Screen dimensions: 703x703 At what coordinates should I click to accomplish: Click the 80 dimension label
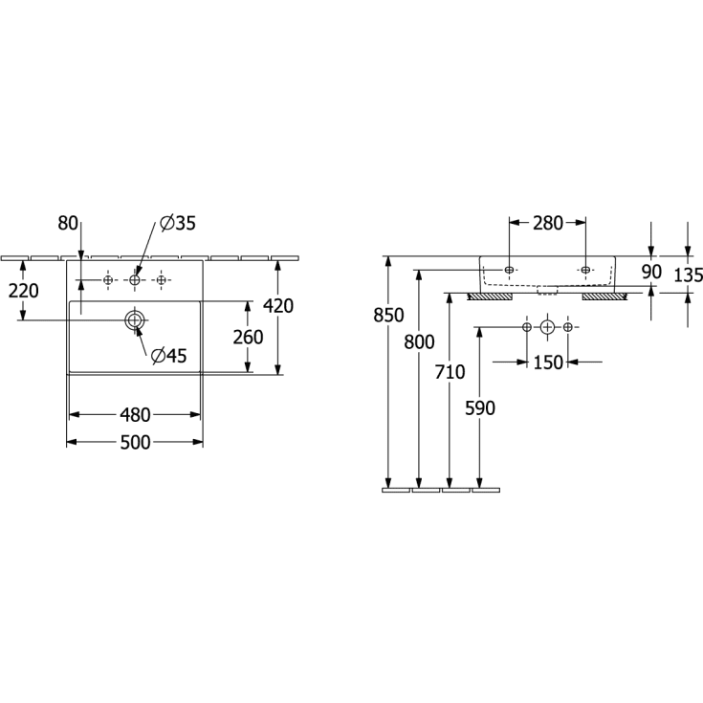click(x=67, y=223)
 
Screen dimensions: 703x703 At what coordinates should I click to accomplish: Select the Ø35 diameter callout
click(x=178, y=223)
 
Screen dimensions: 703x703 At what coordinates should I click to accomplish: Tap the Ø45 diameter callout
click(x=168, y=356)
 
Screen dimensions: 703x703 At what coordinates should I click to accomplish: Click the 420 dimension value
click(x=278, y=306)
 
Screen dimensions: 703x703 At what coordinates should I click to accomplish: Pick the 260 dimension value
click(x=248, y=337)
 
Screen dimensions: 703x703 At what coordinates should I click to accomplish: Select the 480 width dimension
click(x=135, y=414)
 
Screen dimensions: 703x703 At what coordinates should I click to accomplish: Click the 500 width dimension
click(x=135, y=442)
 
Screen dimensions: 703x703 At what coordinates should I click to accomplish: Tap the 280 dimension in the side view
click(x=547, y=223)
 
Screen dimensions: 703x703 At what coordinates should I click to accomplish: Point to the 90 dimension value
click(x=651, y=272)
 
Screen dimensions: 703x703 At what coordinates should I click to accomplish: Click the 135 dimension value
click(x=687, y=275)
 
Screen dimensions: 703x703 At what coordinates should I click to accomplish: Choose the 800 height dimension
click(x=419, y=341)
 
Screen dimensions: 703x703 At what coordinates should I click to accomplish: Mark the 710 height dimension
click(x=450, y=372)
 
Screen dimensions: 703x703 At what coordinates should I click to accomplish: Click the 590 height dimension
click(x=479, y=407)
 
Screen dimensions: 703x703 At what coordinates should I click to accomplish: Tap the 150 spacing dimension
click(x=547, y=362)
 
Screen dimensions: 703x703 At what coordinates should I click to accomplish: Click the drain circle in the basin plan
click(x=135, y=319)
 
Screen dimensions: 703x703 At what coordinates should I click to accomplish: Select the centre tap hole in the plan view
click(x=135, y=279)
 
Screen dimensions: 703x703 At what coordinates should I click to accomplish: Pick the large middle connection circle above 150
click(x=547, y=328)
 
